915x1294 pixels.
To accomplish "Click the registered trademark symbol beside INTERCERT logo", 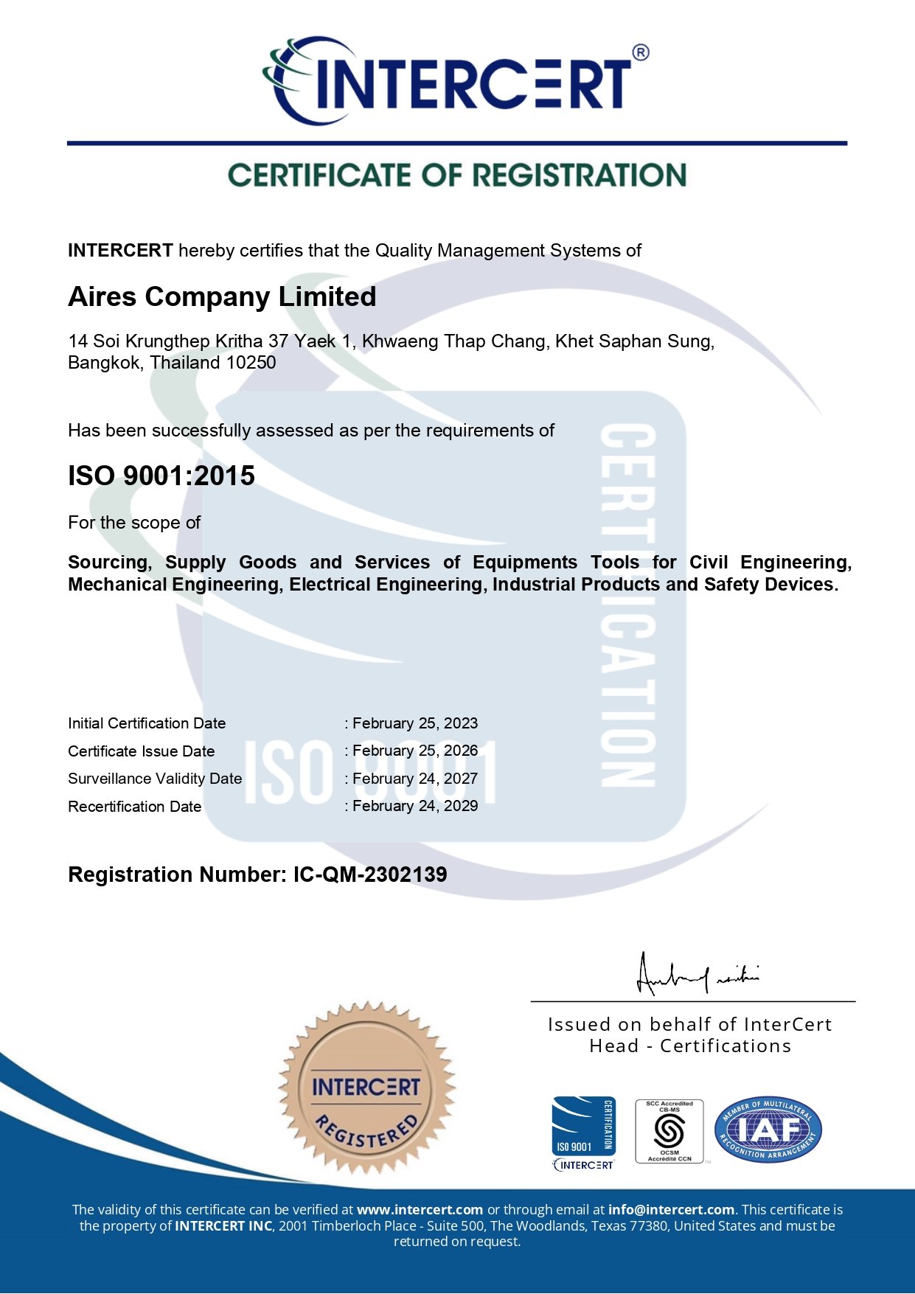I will point(641,53).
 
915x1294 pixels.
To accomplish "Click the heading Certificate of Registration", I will point(457,175).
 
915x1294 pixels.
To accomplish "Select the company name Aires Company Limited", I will point(222,296).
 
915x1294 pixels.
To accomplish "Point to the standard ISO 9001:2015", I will point(161,476).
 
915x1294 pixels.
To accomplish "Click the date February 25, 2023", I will point(415,723).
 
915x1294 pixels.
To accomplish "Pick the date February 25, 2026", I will point(415,751).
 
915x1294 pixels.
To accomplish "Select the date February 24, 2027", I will point(415,779).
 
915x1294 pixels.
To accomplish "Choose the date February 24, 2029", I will point(415,806).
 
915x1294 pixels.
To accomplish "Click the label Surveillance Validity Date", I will point(155,779).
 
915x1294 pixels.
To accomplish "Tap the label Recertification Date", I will point(135,807).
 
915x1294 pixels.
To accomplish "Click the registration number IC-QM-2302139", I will point(370,874).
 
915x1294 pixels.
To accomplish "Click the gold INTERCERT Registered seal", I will point(366,1088).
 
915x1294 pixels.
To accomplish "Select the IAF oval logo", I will point(768,1129).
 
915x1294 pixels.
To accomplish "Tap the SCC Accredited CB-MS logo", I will point(669,1131).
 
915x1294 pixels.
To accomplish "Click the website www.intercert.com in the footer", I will point(420,1210).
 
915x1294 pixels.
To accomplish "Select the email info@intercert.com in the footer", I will point(671,1210).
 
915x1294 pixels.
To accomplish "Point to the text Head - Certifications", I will point(690,1046).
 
